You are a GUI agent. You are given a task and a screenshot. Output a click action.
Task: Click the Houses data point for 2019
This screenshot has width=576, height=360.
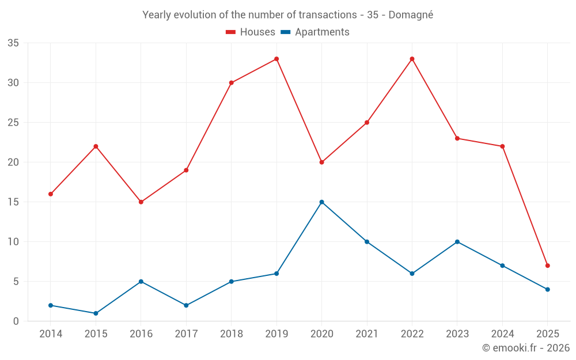click(x=276, y=59)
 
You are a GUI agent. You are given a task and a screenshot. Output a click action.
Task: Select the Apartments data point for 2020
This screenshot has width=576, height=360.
click(x=321, y=202)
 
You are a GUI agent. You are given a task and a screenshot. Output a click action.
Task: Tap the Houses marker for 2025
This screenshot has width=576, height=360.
click(x=547, y=266)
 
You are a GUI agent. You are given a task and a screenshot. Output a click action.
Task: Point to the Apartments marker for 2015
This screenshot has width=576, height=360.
click(x=96, y=313)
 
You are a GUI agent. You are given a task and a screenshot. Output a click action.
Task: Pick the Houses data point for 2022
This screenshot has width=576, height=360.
click(x=412, y=59)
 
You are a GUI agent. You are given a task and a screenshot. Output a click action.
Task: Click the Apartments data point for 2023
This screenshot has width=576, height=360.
click(x=457, y=242)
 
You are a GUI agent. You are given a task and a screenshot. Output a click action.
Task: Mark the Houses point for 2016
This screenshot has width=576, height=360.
click(x=141, y=202)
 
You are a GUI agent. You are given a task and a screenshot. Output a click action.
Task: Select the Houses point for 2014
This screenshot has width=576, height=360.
click(x=51, y=194)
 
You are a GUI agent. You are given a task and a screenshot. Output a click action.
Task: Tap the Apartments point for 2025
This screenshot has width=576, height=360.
click(x=547, y=290)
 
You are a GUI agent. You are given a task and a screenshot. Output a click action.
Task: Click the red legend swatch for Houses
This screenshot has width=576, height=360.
click(x=230, y=32)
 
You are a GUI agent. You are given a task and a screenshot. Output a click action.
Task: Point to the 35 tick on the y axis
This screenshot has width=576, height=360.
click(x=13, y=43)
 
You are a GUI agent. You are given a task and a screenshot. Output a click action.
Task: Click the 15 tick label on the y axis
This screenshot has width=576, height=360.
click(x=13, y=202)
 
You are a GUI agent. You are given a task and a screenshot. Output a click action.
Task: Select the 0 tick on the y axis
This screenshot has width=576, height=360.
click(x=16, y=321)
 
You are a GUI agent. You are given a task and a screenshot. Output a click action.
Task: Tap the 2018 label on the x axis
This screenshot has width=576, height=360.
click(x=231, y=334)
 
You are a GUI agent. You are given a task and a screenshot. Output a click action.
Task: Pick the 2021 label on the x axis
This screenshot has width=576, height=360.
click(x=367, y=334)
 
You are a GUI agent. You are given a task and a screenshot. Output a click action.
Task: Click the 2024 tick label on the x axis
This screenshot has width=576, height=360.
click(x=502, y=334)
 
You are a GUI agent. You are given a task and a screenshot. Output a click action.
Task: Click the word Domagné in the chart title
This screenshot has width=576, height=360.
click(x=411, y=15)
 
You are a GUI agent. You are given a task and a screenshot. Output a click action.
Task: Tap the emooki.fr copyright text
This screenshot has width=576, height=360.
click(x=525, y=348)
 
